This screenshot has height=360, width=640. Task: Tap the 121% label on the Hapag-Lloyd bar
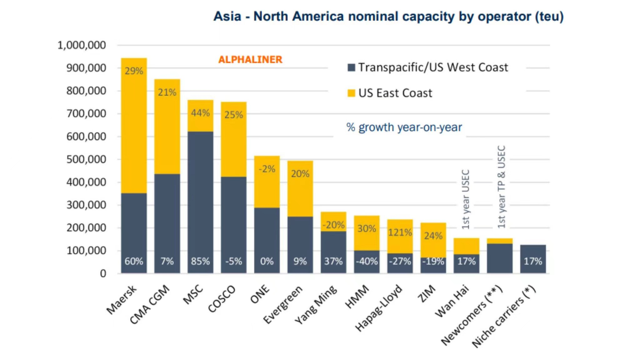click(400, 232)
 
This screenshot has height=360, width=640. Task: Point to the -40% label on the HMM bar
click(367, 261)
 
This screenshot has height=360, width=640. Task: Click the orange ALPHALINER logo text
click(250, 59)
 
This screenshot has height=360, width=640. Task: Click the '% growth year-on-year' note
click(404, 127)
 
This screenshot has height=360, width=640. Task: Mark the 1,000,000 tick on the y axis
click(82, 45)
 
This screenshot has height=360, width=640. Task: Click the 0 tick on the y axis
click(103, 274)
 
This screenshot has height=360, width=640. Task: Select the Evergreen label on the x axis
click(283, 305)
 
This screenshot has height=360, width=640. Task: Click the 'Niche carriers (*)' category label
click(504, 316)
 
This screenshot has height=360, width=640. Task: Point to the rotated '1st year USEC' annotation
click(466, 199)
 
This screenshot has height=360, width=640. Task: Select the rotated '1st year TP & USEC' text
click(501, 187)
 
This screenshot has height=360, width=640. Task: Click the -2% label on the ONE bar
click(267, 169)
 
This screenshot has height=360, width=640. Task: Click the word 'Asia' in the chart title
click(227, 17)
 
